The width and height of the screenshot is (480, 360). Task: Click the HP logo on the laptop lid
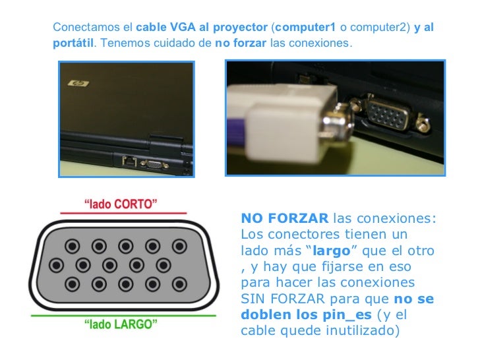click(x=78, y=83)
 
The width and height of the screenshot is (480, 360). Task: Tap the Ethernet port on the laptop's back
click(x=129, y=161)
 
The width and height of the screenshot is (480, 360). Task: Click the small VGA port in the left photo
click(x=154, y=165)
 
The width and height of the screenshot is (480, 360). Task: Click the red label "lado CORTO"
click(x=121, y=204)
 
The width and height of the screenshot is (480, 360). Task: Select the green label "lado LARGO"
click(x=121, y=324)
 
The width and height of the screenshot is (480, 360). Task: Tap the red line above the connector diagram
click(x=123, y=213)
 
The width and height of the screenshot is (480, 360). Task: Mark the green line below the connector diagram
click(x=123, y=315)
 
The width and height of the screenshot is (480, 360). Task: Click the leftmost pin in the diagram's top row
click(x=73, y=246)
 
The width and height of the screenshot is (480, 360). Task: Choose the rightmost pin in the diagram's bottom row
click(x=179, y=284)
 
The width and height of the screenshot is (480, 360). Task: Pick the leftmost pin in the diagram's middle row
click(x=56, y=265)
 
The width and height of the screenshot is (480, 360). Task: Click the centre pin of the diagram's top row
click(x=126, y=246)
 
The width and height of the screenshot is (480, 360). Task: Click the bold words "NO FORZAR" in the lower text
click(x=285, y=218)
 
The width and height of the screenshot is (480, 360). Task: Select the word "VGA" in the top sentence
click(x=183, y=27)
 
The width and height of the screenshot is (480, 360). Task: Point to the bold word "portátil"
click(x=73, y=43)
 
